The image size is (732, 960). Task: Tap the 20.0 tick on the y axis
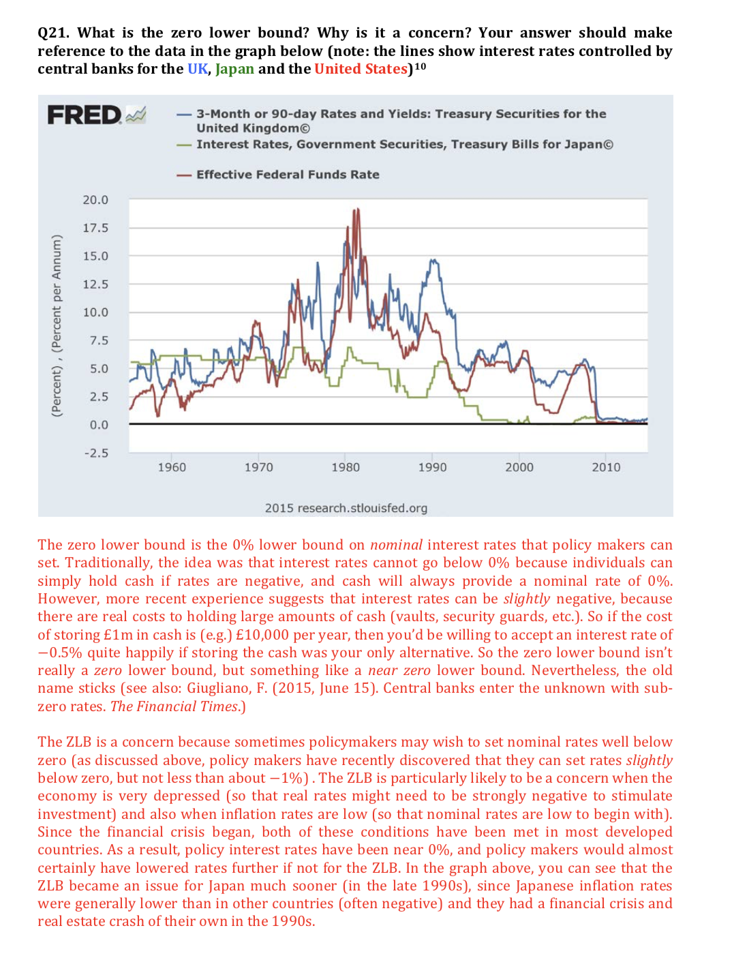pyautogui.click(x=95, y=200)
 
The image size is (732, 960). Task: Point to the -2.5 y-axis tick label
pyautogui.click(x=95, y=453)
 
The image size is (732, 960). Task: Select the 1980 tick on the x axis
pyautogui.click(x=345, y=467)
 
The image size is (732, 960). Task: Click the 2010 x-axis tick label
pyautogui.click(x=606, y=467)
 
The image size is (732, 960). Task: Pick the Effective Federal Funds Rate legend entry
pyautogui.click(x=287, y=175)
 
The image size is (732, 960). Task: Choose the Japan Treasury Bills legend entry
pyautogui.click(x=404, y=145)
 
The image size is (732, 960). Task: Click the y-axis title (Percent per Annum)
pyautogui.click(x=57, y=325)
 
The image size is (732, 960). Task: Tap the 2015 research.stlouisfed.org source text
pyautogui.click(x=346, y=508)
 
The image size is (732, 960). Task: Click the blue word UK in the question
pyautogui.click(x=198, y=69)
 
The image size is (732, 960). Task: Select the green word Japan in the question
pyautogui.click(x=234, y=69)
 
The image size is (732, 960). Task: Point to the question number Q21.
pyautogui.click(x=52, y=33)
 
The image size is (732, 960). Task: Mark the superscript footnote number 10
pyautogui.click(x=421, y=66)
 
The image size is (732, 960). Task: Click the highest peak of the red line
pyautogui.click(x=356, y=210)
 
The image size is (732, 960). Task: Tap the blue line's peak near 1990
pyautogui.click(x=431, y=260)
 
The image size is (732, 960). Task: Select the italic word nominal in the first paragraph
pyautogui.click(x=396, y=545)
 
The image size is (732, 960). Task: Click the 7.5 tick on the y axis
pyautogui.click(x=99, y=340)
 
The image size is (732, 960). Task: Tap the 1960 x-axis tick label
pyautogui.click(x=172, y=467)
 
